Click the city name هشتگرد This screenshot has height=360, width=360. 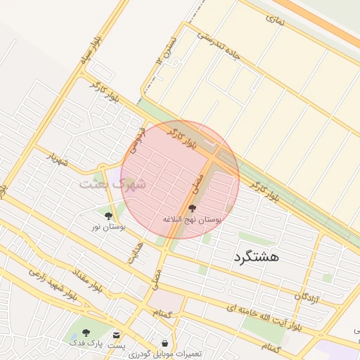256,257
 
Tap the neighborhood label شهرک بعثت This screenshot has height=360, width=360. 112,184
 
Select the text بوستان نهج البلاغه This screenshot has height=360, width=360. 192,220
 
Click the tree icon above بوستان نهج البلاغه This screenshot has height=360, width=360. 192,208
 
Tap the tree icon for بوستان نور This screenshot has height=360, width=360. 108,216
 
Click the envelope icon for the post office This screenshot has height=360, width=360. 116,334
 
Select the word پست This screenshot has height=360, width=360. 116,346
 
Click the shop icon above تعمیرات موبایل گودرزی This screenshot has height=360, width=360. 165,342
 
